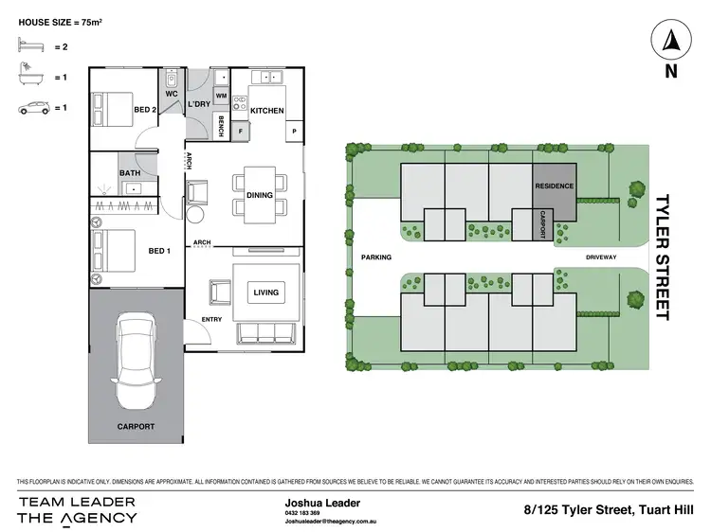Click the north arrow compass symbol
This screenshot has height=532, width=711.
[671, 41]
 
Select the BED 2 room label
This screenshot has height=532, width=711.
[145, 111]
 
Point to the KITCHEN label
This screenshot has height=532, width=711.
[266, 111]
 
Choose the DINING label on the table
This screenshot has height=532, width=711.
[260, 195]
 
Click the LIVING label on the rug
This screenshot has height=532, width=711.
[265, 293]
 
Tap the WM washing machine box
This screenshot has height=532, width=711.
[220, 96]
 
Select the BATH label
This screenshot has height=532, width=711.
[130, 173]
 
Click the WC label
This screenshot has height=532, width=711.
[172, 95]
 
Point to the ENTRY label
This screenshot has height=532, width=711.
[211, 320]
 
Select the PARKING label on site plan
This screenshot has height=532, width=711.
[376, 257]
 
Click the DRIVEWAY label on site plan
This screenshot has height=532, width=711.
[600, 257]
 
